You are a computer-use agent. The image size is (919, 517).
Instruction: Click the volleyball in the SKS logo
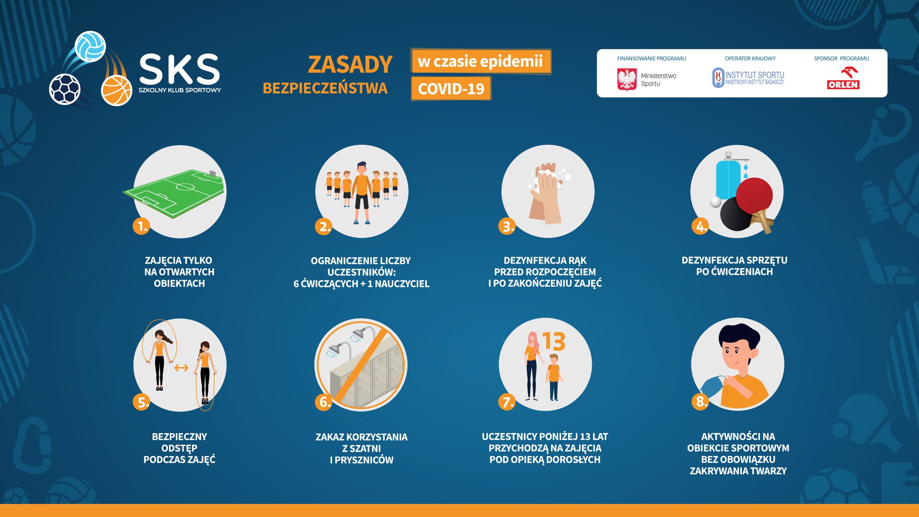90,46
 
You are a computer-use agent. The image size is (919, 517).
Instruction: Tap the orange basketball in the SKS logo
116,91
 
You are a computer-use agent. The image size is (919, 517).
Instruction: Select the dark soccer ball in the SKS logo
65,89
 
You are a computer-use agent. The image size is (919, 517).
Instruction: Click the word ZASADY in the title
350,64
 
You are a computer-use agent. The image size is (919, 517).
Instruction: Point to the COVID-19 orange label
451,88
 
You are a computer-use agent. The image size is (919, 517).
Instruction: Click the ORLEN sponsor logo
843,78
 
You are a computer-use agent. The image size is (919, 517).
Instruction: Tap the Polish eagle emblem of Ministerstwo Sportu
626,80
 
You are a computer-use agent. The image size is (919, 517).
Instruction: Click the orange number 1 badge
142,226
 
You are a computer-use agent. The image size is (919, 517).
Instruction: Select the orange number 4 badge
700,226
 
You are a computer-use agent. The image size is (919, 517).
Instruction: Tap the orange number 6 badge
324,402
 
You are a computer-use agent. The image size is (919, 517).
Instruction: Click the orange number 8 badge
700,401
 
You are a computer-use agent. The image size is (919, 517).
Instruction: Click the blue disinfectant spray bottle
729,177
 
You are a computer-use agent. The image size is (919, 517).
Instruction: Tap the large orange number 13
554,341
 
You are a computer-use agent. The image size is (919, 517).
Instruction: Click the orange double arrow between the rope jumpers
181,368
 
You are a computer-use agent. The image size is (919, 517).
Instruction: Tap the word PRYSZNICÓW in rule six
364,460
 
